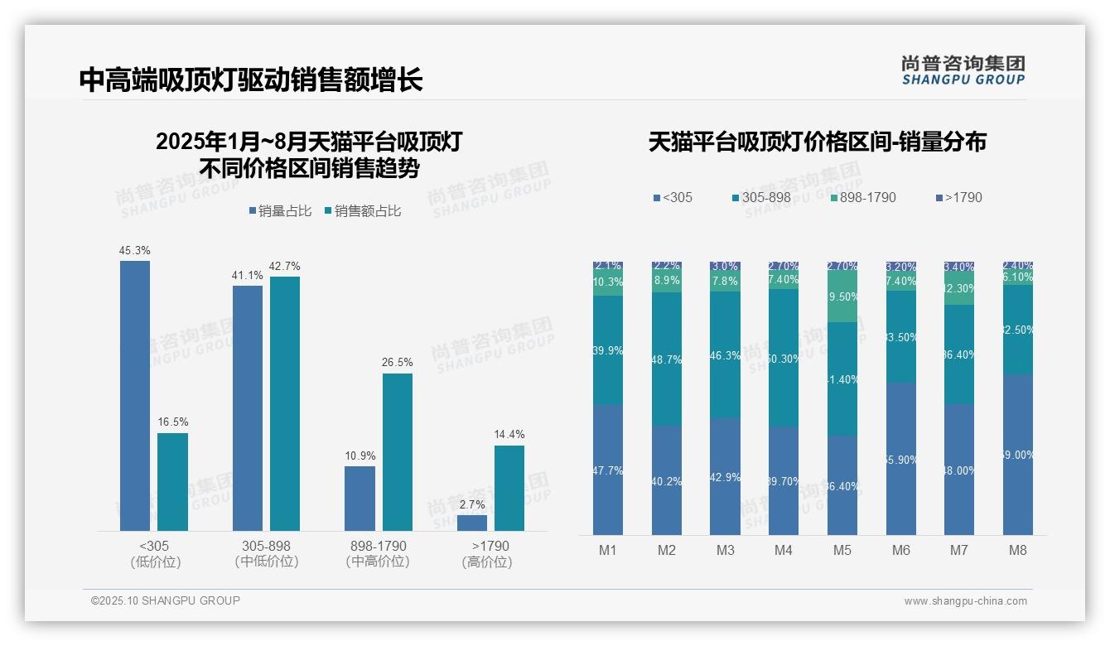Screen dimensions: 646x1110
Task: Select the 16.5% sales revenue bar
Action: tap(172, 482)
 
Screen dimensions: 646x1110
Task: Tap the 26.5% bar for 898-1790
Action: tap(397, 452)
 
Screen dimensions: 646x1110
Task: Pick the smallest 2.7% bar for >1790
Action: tap(472, 523)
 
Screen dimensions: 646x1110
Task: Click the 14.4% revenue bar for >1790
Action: tap(509, 488)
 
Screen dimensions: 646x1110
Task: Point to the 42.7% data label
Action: tap(285, 267)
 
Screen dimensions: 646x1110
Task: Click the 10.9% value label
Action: tap(360, 456)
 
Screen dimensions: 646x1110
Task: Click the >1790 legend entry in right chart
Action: tap(958, 198)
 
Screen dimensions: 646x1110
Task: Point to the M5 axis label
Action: tap(842, 551)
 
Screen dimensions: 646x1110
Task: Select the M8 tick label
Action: tap(1018, 551)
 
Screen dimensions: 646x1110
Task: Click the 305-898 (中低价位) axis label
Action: tap(266, 554)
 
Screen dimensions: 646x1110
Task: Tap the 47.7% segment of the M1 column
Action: tap(608, 470)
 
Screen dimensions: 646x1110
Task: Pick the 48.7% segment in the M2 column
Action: tap(667, 359)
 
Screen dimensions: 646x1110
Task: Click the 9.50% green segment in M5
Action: tap(842, 296)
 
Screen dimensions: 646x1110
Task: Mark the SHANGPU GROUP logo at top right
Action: tap(963, 70)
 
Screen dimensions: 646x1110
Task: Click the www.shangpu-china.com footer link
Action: tap(965, 601)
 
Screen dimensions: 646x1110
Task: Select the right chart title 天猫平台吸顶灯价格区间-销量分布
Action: tap(817, 142)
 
